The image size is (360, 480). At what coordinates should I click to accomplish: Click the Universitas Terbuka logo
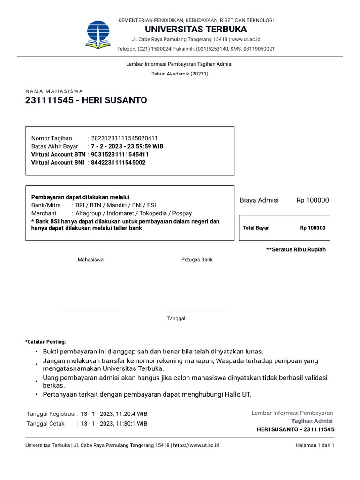click(98, 35)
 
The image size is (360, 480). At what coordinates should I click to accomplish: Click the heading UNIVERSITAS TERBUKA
click(196, 30)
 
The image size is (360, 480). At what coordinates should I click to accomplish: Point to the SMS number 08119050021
click(258, 49)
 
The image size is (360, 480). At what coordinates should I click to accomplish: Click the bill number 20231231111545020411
click(124, 138)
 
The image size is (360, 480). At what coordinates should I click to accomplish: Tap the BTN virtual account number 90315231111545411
click(120, 154)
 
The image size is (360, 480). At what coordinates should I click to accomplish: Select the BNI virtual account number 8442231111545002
click(118, 162)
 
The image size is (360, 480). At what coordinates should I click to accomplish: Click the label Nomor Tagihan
click(52, 138)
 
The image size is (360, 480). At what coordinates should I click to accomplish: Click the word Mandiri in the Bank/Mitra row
click(124, 205)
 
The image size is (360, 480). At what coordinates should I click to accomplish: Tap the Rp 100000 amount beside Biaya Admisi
click(313, 200)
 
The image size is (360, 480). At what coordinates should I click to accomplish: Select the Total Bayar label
click(256, 228)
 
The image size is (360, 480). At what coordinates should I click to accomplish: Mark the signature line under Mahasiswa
click(90, 310)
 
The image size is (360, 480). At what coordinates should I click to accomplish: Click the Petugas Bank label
click(197, 259)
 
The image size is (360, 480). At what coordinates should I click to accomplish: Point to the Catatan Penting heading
click(45, 342)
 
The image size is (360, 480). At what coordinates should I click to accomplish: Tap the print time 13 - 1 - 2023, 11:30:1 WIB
click(114, 423)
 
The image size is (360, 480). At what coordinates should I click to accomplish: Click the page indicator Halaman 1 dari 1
click(315, 445)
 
